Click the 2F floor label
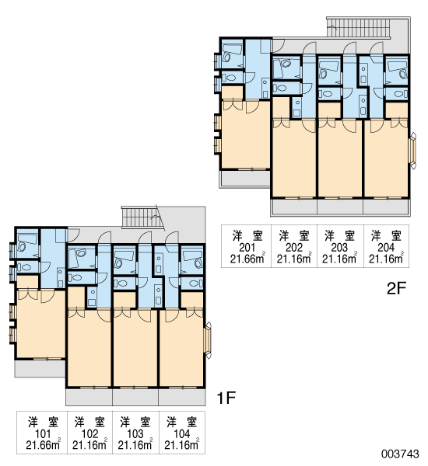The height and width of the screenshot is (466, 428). pos(396,287)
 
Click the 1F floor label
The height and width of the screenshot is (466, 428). pos(226,398)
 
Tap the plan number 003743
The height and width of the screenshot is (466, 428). pos(400,454)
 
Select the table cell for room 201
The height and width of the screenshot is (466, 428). pos(247,246)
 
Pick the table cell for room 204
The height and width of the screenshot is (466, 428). pos(386,246)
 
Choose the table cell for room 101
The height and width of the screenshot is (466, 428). pos(42,433)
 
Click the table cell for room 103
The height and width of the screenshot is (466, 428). pos(135,433)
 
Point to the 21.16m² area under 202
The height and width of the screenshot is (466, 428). pos(294,259)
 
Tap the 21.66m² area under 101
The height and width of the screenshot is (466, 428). pos(43,445)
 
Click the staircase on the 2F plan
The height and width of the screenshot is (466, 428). pos(358,27)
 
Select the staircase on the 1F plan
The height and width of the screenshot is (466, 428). pos(142,217)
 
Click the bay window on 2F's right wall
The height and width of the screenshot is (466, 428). pos(412,151)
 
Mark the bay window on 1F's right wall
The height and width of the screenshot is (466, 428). pos(209,340)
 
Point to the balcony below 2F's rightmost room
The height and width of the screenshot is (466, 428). pos(386,206)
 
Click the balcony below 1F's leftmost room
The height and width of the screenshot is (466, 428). pos(40,369)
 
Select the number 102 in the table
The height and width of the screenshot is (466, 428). pos(89,433)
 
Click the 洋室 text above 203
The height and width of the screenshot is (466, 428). pos(339,236)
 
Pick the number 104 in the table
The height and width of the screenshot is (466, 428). pos(181,433)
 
